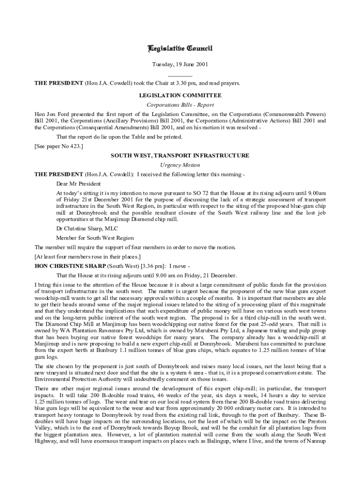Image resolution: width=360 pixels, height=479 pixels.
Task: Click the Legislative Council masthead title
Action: coord(180,49)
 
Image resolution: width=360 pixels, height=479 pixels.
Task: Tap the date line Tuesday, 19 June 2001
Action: coord(180,65)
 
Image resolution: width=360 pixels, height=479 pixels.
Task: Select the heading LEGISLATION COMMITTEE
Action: coord(180,95)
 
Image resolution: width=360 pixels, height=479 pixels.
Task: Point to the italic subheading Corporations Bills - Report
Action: coord(180,105)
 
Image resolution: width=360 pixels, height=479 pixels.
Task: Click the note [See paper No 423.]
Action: coord(59,146)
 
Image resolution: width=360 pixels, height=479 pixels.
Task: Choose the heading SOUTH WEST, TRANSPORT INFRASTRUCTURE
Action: coord(180,156)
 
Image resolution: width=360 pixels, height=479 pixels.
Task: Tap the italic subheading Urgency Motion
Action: coord(180,165)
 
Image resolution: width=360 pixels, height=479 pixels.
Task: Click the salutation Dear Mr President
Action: coord(79,183)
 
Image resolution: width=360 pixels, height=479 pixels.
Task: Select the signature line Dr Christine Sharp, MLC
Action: coord(87,228)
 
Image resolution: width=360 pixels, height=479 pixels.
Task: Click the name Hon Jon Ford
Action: coord(49,114)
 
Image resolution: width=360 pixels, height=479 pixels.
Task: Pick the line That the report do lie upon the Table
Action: coord(119,137)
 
